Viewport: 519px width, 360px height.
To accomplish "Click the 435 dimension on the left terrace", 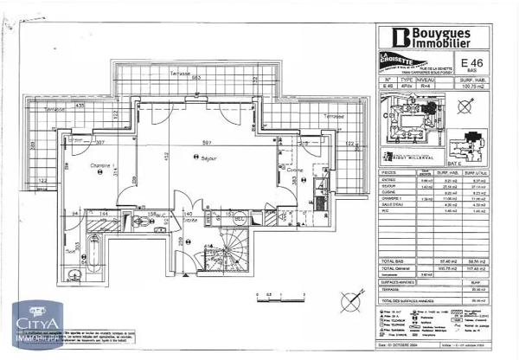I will coord(79,106).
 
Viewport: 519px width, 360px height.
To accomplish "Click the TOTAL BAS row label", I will coord(394,260).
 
